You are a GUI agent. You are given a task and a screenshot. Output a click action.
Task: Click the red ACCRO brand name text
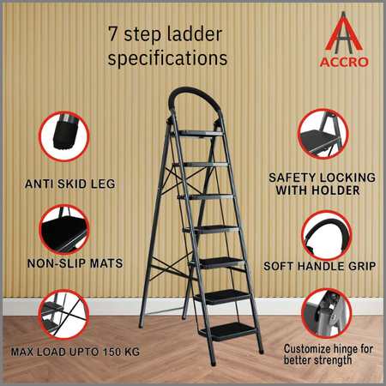click(x=344, y=62)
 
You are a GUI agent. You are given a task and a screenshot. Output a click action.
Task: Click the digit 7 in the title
click(x=113, y=33)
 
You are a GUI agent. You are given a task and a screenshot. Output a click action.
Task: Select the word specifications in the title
click(x=167, y=58)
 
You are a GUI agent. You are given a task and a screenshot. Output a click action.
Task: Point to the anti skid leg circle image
click(x=64, y=136)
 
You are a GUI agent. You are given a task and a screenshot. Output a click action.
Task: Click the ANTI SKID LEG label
click(x=70, y=184)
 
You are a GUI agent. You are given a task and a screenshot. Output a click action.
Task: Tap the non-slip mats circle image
click(x=64, y=229)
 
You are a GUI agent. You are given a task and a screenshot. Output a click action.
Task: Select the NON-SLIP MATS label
click(x=75, y=263)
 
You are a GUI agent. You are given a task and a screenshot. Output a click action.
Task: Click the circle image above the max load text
click(x=63, y=314)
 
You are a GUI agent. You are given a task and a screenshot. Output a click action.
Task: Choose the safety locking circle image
click(x=323, y=134)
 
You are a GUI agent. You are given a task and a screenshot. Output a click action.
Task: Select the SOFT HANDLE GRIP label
click(x=320, y=266)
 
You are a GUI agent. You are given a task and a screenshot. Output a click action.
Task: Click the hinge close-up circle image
click(x=327, y=313)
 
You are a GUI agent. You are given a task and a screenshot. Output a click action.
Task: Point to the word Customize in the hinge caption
click(x=307, y=349)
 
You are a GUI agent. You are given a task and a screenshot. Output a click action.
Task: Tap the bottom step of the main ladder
click(x=228, y=331)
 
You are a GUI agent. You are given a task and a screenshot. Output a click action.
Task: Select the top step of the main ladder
click(x=197, y=134)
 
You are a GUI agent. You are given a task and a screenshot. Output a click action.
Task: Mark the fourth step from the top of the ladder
click(x=211, y=230)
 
